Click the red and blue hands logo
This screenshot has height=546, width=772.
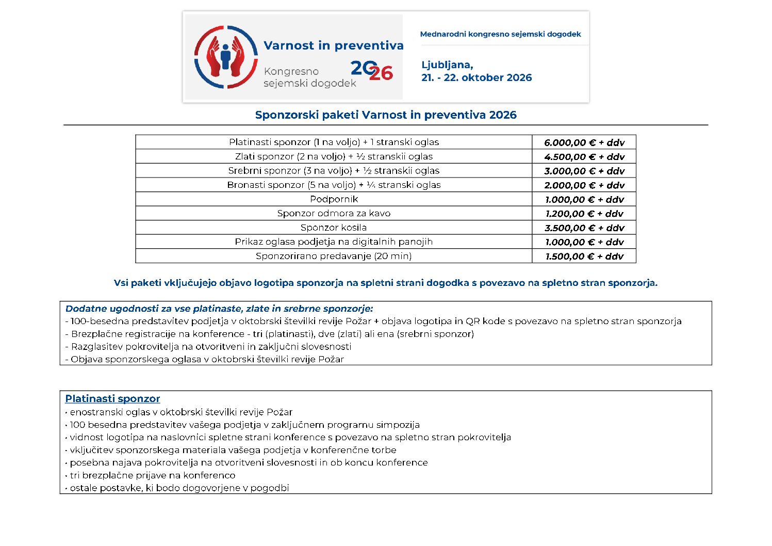(x=226, y=57)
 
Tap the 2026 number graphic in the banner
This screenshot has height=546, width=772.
(x=371, y=71)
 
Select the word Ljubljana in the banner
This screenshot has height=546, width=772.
(x=447, y=65)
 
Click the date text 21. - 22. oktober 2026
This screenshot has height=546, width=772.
(x=477, y=78)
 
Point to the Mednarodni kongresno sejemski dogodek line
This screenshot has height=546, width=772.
(x=500, y=34)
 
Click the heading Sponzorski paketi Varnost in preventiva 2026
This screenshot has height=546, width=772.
(x=386, y=115)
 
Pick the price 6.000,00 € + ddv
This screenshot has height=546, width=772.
(x=584, y=142)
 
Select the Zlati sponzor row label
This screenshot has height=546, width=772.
(x=334, y=156)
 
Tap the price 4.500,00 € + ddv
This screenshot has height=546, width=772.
(x=584, y=157)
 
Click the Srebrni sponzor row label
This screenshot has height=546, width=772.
(x=334, y=171)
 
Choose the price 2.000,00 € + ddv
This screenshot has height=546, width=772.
(x=584, y=185)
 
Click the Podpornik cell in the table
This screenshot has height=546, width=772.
(x=334, y=199)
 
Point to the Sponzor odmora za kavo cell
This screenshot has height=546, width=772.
(x=334, y=213)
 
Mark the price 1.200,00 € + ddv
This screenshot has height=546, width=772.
(x=584, y=214)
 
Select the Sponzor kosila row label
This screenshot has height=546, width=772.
(x=334, y=228)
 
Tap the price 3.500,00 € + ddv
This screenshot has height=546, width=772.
(x=584, y=228)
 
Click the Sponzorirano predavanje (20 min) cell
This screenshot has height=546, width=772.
(x=334, y=256)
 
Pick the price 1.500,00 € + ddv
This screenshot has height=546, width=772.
(x=584, y=256)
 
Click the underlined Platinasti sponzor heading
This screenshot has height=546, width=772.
(x=112, y=399)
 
